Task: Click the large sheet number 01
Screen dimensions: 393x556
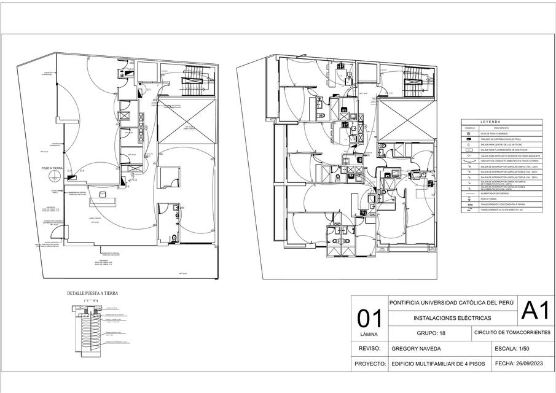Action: tap(369, 319)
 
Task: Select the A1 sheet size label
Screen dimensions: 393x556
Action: tap(534, 311)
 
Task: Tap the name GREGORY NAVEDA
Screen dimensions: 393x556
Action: tap(418, 348)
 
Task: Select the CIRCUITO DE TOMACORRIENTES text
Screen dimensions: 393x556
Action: tap(512, 333)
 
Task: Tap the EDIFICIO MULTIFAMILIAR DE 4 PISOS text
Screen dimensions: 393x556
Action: tap(438, 364)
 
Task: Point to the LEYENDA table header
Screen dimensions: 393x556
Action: tap(490, 122)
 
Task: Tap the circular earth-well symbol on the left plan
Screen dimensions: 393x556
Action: tap(54, 177)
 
